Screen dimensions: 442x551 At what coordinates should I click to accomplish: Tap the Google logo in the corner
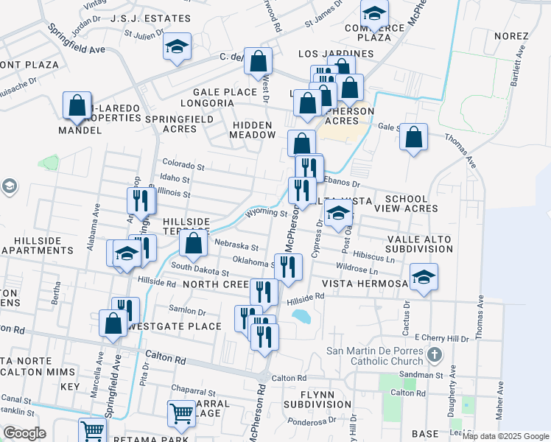pyautogui.click(x=24, y=433)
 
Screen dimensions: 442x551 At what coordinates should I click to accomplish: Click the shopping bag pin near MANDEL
pyautogui.click(x=77, y=108)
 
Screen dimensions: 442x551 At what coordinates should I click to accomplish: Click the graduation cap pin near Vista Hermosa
pyautogui.click(x=424, y=278)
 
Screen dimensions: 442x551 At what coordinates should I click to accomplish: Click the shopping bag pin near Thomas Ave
pyautogui.click(x=414, y=137)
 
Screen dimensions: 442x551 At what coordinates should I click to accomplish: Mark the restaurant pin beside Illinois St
pyautogui.click(x=138, y=200)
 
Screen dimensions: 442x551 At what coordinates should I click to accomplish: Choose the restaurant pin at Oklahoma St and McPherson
pyautogui.click(x=288, y=266)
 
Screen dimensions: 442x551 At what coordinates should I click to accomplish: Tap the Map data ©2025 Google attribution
pyautogui.click(x=505, y=436)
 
